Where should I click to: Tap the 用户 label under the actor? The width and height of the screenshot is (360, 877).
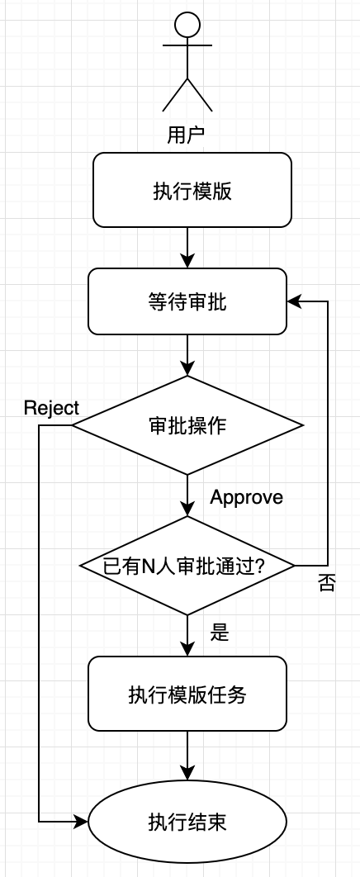point(186,135)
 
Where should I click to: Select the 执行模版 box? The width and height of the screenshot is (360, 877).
point(192,190)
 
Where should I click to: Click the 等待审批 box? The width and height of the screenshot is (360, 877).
point(187,301)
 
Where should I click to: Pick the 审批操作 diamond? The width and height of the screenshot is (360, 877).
point(187,425)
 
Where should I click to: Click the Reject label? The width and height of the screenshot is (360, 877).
point(51,408)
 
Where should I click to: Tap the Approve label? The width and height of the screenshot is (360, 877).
point(247,497)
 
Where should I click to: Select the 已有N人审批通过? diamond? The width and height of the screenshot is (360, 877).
point(187,566)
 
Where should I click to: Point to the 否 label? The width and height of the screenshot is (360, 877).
point(327,584)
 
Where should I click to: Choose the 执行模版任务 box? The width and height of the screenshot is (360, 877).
point(187,694)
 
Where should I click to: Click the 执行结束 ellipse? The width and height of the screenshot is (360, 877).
point(187,822)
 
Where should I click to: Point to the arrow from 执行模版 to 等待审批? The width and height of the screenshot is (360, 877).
point(187,248)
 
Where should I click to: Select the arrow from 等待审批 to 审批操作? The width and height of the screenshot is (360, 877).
point(187,355)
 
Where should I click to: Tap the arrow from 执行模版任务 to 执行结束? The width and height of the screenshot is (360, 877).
point(187,756)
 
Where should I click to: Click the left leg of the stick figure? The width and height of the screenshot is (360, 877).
point(174,94)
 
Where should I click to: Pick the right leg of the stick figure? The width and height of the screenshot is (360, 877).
point(200,94)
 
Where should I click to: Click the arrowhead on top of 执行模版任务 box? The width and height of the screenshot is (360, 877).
point(187,649)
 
